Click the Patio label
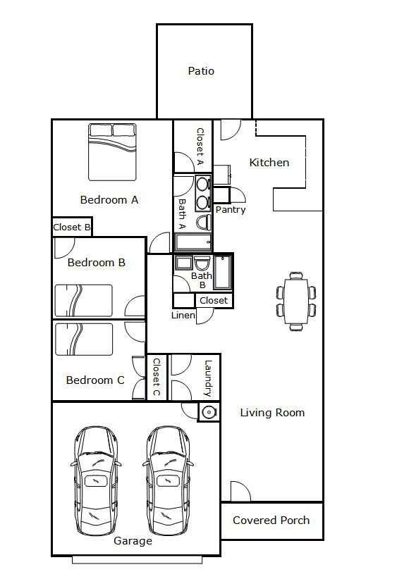point(201,71)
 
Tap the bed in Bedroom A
point(112,151)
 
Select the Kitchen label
point(269,163)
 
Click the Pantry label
point(231,210)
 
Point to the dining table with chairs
point(296,301)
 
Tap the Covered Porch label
point(271,521)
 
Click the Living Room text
point(272,413)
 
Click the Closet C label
point(157,377)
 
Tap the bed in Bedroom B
point(84,301)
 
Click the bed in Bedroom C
point(84,339)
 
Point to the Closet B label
point(72,228)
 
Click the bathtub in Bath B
point(222,272)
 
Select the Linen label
point(183,316)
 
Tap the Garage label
point(133,541)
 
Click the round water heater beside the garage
point(209,411)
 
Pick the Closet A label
point(200,146)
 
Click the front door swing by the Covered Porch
point(240,492)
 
